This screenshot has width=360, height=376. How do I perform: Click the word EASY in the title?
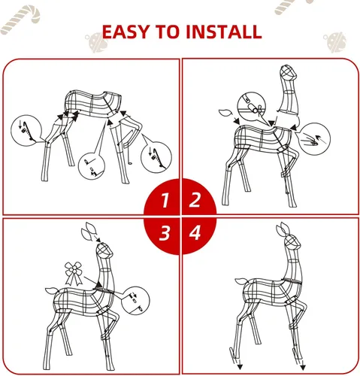[x=126, y=32]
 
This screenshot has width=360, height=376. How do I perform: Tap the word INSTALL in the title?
[x=224, y=32]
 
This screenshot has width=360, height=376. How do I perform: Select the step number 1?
[x=165, y=201]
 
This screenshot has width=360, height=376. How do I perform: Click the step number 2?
[x=195, y=200]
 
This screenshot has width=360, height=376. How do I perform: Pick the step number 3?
[x=165, y=233]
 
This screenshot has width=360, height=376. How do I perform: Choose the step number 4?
[x=195, y=232]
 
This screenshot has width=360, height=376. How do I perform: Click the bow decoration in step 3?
[x=74, y=273]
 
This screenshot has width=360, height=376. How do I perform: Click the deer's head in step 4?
[x=292, y=241]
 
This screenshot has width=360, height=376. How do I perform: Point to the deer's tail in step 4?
[x=241, y=281]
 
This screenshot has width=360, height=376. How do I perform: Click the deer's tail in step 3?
[x=52, y=291]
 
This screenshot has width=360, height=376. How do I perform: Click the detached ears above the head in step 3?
[x=89, y=231]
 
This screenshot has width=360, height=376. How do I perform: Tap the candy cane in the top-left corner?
[x=20, y=20]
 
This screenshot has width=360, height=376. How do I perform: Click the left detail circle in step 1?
[x=26, y=130]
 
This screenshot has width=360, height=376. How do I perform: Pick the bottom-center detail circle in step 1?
[x=92, y=165]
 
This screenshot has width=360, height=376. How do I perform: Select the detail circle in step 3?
[x=135, y=301]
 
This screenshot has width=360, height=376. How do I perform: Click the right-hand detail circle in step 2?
[x=315, y=138]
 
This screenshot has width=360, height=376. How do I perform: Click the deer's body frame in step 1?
[x=92, y=104]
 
